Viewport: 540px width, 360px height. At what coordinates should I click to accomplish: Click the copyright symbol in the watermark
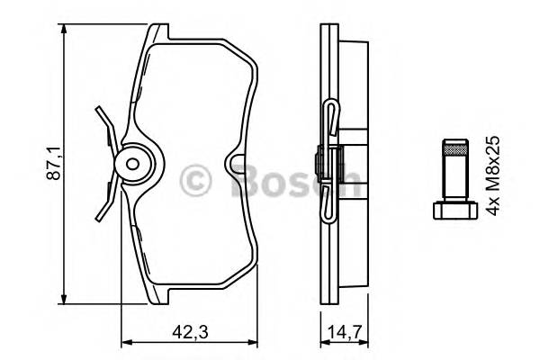pyautogui.click(x=195, y=179)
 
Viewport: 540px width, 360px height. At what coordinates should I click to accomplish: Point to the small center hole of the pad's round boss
pyautogui.click(x=133, y=165)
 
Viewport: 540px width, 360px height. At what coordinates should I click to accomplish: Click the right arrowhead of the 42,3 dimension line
pyautogui.click(x=255, y=341)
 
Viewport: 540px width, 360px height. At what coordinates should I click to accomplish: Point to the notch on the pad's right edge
pyautogui.click(x=238, y=166)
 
